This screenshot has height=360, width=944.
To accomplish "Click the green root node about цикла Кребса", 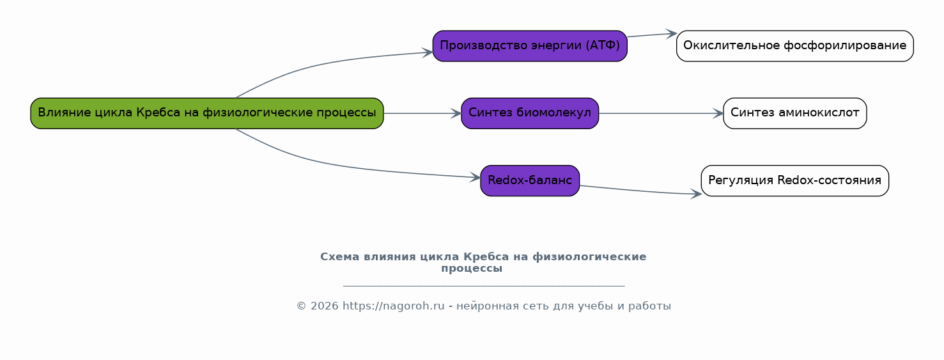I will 206,113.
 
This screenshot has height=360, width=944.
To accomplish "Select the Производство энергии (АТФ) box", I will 529,46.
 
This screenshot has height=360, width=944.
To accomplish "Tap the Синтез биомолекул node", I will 529,113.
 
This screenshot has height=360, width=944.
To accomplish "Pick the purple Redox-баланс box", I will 529,180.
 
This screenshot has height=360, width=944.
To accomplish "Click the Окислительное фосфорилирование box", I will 794,46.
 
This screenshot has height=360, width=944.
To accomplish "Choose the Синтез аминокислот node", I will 794,113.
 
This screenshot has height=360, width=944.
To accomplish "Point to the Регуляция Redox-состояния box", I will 794,180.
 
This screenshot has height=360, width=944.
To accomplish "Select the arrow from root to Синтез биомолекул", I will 422,113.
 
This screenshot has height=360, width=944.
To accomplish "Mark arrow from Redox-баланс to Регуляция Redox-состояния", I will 639,191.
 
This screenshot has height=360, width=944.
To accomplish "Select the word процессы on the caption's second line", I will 472,269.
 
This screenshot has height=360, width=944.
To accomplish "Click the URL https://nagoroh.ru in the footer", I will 393,306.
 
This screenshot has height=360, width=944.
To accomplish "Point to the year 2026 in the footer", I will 324,306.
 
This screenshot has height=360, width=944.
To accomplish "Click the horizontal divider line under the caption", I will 483,286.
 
